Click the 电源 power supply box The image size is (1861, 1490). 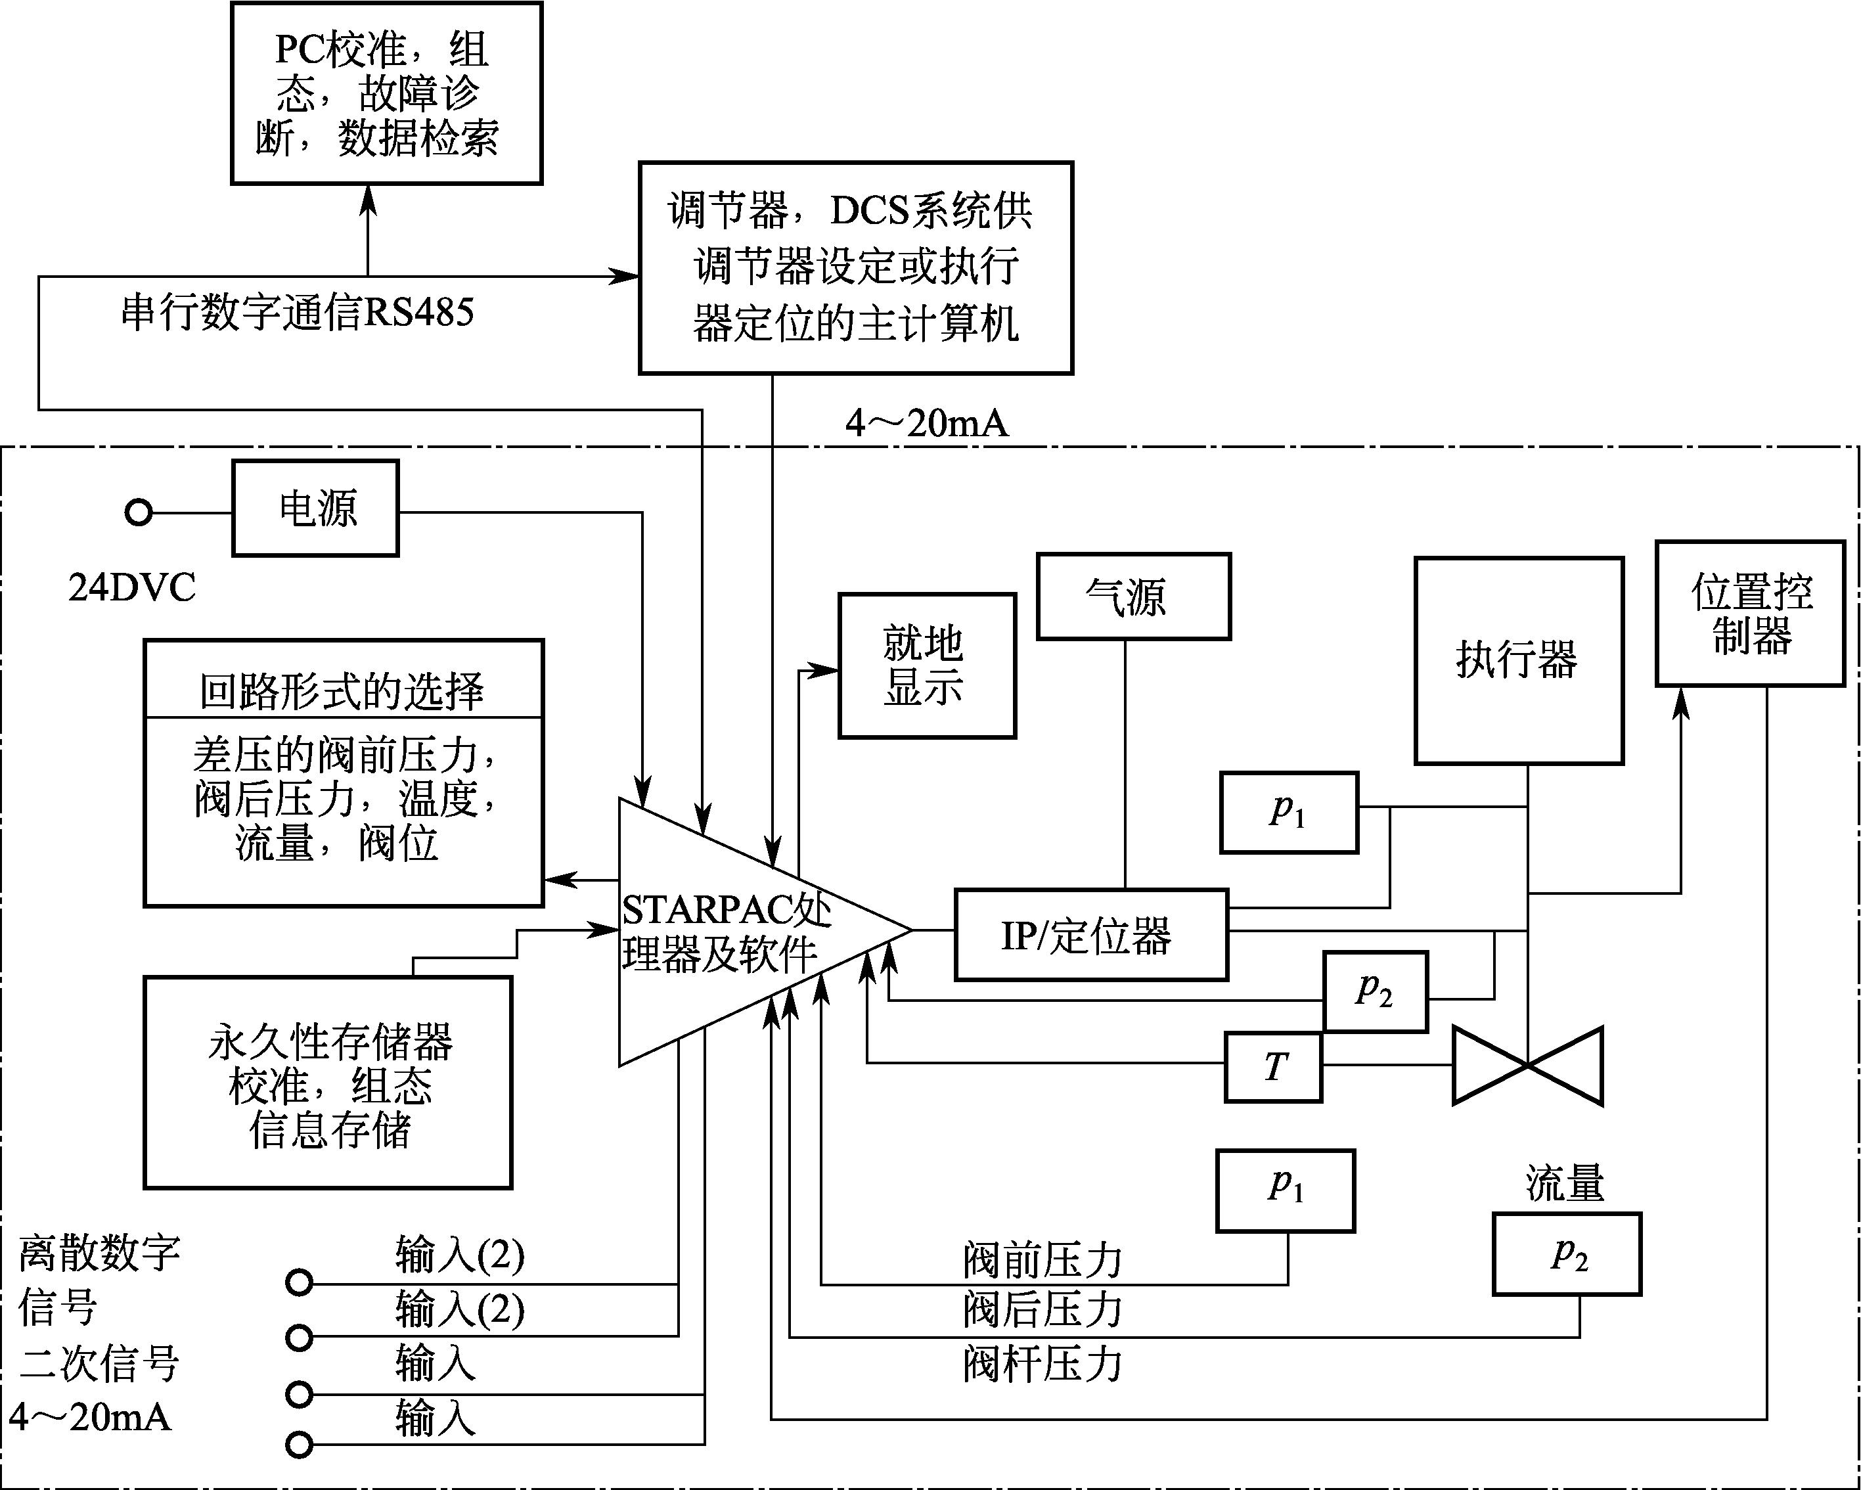(x=315, y=508)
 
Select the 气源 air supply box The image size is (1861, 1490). (x=1132, y=597)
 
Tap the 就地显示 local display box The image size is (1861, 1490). (x=926, y=666)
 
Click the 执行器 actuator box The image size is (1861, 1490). (x=1518, y=660)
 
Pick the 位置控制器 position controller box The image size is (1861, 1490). (x=1749, y=614)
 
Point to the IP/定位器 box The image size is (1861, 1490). (x=1090, y=935)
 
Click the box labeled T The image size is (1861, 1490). (x=1273, y=1067)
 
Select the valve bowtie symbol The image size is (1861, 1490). (x=1527, y=1066)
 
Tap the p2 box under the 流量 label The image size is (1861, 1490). (x=1566, y=1253)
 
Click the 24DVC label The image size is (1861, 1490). (x=132, y=588)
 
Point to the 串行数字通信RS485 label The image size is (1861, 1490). (x=297, y=313)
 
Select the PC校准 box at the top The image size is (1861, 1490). (x=386, y=93)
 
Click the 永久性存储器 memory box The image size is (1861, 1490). (x=328, y=1083)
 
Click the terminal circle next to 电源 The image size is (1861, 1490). (x=138, y=513)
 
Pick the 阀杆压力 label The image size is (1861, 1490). (x=1041, y=1365)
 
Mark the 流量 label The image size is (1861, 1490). (x=1564, y=1184)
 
